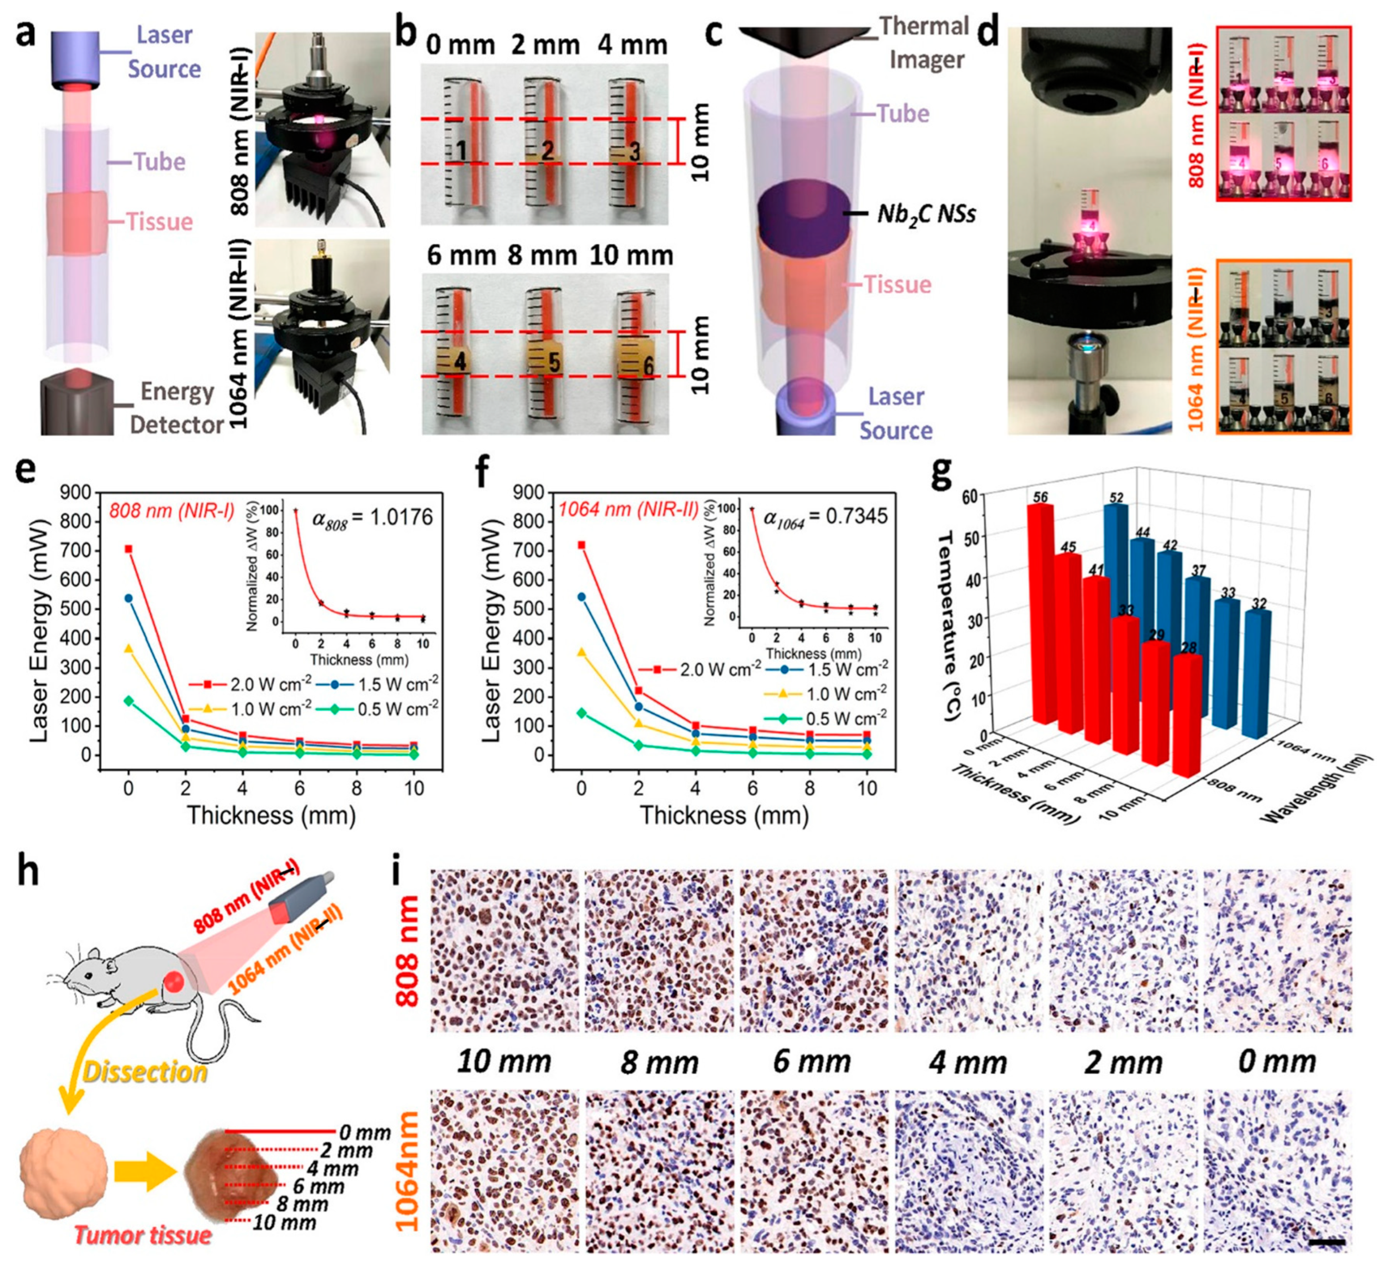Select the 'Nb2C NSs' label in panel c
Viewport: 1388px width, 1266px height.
click(x=926, y=214)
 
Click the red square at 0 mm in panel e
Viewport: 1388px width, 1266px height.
click(x=128, y=549)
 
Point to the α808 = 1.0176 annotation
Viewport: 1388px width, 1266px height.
click(x=373, y=518)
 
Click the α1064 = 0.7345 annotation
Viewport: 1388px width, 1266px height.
click(x=826, y=516)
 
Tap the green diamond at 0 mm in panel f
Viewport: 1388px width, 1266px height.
click(x=582, y=713)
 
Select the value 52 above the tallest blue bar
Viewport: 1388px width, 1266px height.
click(x=1116, y=497)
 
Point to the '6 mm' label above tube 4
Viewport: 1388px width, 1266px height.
click(x=461, y=256)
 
